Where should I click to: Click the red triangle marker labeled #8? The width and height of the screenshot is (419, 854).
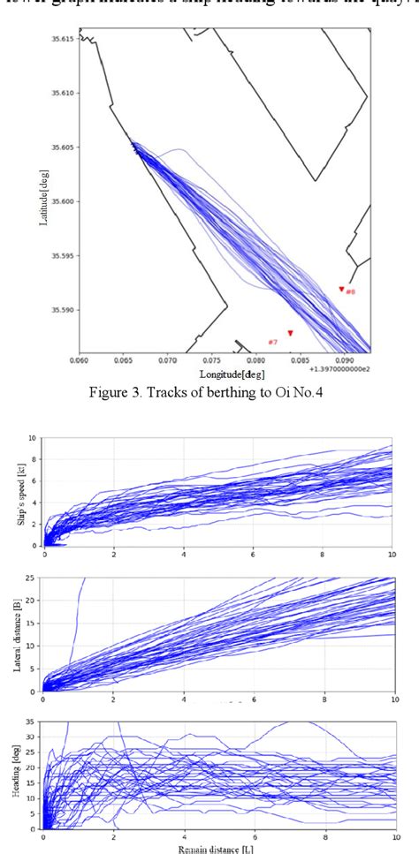point(342,289)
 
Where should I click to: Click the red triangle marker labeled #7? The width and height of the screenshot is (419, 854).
point(290,333)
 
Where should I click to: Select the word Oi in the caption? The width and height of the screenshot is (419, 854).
point(286,392)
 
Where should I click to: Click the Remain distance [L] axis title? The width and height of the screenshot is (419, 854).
point(218,848)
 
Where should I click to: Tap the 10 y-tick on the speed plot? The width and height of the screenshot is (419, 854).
point(33,438)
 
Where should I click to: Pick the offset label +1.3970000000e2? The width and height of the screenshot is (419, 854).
point(341,371)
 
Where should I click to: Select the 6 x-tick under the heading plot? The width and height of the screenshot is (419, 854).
point(254,836)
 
